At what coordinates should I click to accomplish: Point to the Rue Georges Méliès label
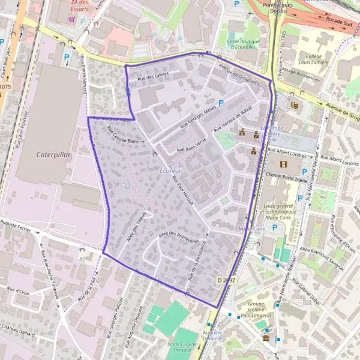coord(197,117)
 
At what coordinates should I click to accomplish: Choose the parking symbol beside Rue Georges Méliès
coord(221,103)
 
